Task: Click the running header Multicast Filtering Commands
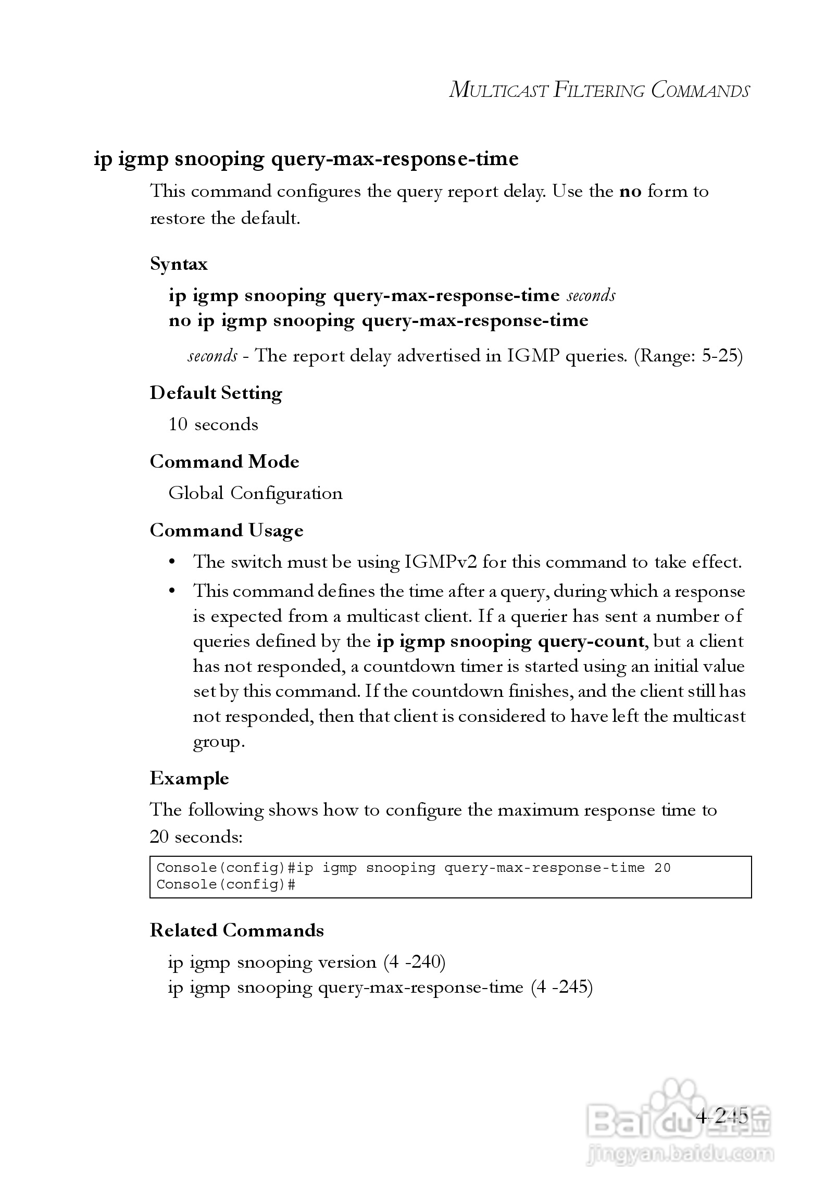pos(599,90)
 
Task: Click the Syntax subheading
pos(179,264)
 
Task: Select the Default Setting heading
pos(216,393)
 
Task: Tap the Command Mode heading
pos(224,462)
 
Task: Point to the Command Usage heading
pos(227,531)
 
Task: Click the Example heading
pos(189,779)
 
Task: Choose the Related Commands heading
pos(236,931)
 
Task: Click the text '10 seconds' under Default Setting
pos(213,424)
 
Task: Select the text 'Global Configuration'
pos(255,493)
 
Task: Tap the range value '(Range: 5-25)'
pos(688,356)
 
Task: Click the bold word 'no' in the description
pos(630,192)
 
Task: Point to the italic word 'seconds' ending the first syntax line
pos(591,296)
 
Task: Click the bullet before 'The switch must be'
pos(172,562)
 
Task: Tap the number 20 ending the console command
pos(662,868)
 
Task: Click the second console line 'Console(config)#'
pos(226,884)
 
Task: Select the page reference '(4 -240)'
pos(415,962)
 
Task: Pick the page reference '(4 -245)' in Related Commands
pos(562,987)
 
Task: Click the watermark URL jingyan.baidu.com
pos(680,1155)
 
